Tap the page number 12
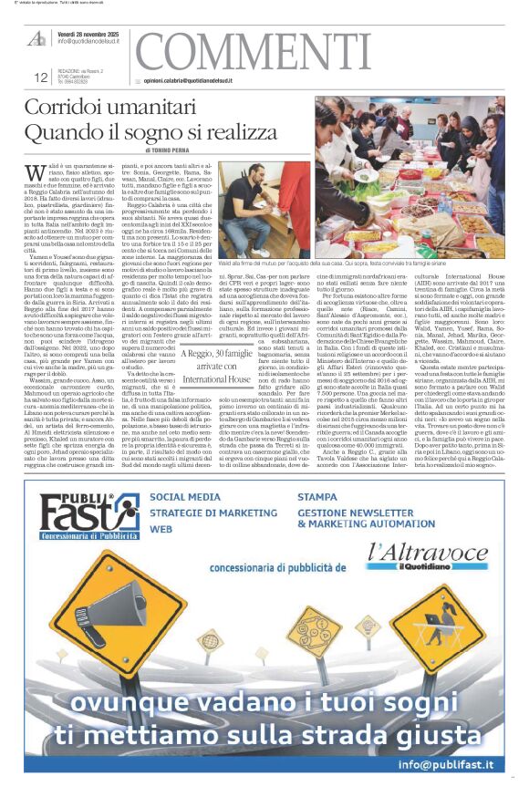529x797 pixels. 40,78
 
